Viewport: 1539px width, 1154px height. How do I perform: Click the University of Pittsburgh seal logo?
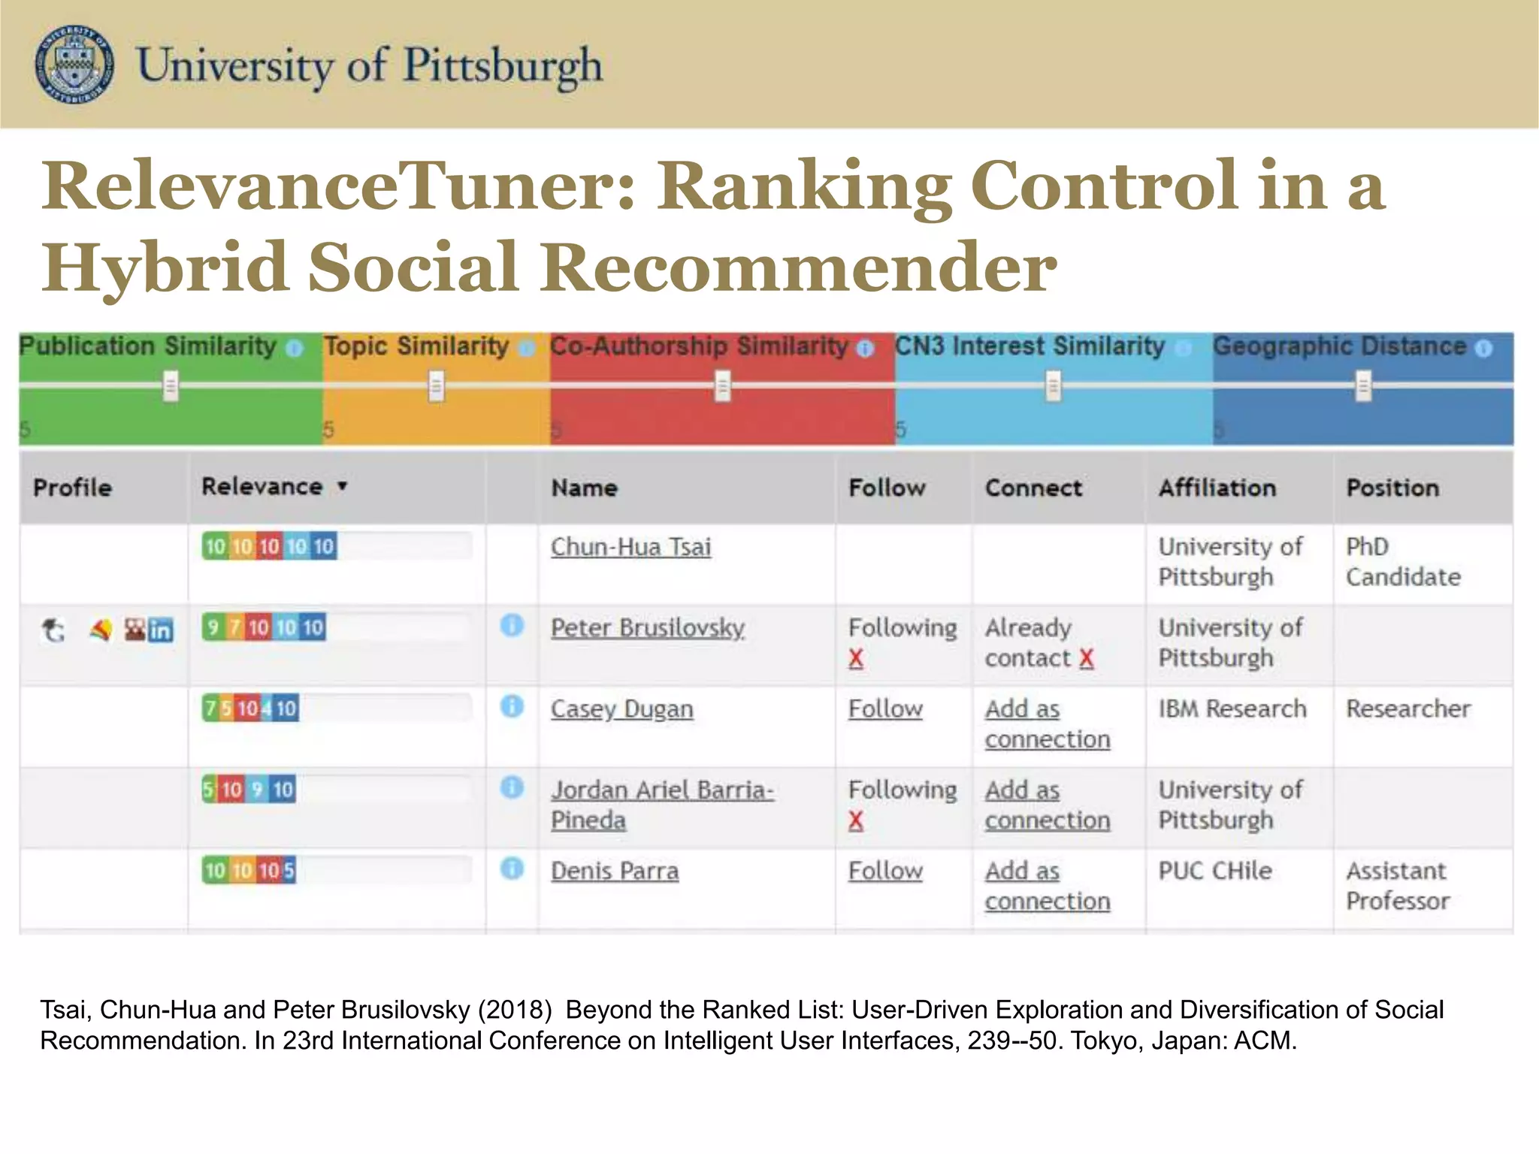point(74,64)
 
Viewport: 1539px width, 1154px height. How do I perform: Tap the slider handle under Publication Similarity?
point(171,386)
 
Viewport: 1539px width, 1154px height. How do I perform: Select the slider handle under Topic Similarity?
point(436,386)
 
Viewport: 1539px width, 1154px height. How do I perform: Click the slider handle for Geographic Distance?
point(1363,386)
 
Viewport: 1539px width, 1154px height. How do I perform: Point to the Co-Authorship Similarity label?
point(699,346)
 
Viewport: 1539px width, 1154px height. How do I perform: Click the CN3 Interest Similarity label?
point(1030,346)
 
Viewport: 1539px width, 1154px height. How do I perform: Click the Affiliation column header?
point(1217,488)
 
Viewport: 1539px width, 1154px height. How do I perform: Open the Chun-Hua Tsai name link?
point(630,547)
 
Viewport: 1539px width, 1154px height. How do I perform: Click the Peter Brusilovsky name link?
point(647,628)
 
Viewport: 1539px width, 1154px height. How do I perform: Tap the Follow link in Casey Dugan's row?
point(885,709)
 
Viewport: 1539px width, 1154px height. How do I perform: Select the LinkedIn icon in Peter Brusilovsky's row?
point(161,630)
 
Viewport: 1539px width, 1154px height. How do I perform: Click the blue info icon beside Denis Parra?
point(512,869)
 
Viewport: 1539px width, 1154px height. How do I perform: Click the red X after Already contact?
point(1086,659)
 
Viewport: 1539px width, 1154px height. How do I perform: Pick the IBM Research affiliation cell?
point(1232,709)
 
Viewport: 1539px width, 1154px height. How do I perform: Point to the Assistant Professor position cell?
point(1396,886)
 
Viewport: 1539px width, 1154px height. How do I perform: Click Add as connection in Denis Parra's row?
point(1047,886)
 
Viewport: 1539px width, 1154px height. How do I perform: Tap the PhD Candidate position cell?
point(1402,562)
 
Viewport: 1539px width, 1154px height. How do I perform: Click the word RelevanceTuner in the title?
point(331,186)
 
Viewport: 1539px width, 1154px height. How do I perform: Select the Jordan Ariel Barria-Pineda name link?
point(661,805)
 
